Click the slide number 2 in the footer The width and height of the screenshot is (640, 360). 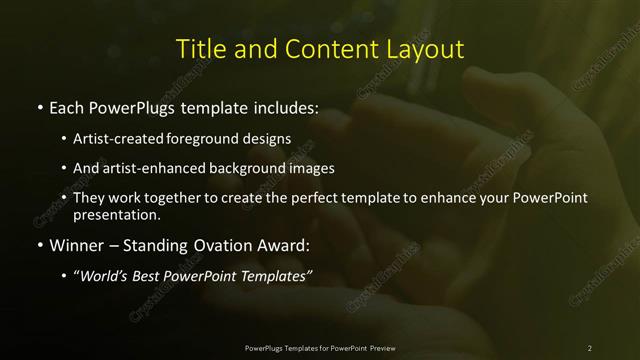point(589,348)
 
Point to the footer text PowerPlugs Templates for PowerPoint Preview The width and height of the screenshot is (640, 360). point(320,348)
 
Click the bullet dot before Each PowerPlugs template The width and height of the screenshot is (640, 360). point(39,105)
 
